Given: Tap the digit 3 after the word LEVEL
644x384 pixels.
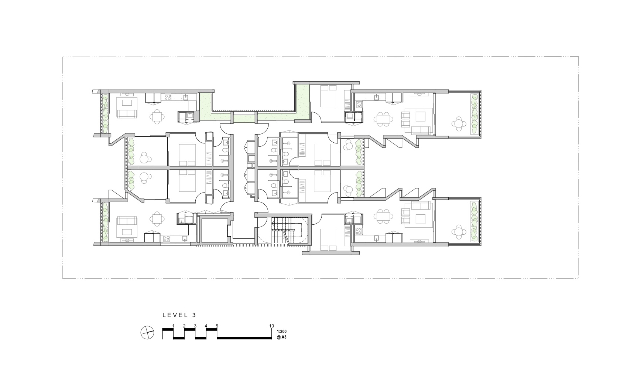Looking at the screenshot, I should click(194, 315).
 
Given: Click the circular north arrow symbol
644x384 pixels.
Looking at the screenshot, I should click(147, 333).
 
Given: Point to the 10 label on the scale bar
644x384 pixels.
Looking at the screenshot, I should click(271, 326).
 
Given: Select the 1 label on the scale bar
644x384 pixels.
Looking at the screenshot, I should click(173, 326).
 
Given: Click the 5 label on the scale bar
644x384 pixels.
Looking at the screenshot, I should click(217, 326).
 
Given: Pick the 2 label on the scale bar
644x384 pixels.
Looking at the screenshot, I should click(184, 326).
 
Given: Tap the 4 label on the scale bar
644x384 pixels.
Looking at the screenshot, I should click(206, 326).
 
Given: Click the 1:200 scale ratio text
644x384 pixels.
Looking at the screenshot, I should click(281, 332).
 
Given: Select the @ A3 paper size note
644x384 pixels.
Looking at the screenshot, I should click(281, 337).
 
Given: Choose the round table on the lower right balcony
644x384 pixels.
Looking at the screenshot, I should click(458, 231).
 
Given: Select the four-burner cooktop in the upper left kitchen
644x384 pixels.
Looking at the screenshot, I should click(168, 98).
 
